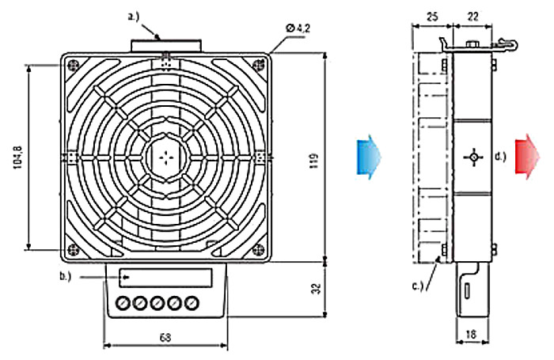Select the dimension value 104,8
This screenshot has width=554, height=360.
(17, 155)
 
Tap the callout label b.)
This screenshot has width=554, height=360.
(65, 275)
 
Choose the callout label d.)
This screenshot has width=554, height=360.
(500, 157)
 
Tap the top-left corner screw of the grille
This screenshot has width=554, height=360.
(74, 65)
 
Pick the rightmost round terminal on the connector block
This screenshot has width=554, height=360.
(190, 303)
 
